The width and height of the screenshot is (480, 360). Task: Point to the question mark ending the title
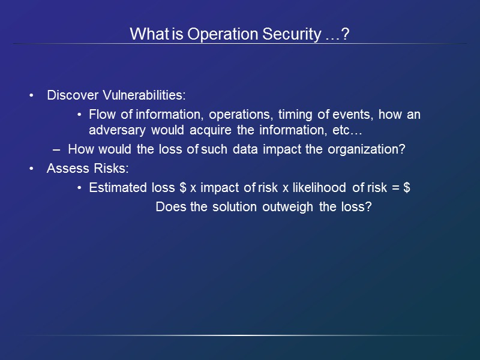pyautogui.click(x=346, y=35)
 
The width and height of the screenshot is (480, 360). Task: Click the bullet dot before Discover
pyautogui.click(x=31, y=96)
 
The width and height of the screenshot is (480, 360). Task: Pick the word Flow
pyautogui.click(x=100, y=115)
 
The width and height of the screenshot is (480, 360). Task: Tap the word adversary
pyautogui.click(x=113, y=130)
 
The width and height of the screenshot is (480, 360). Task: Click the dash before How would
pyautogui.click(x=56, y=150)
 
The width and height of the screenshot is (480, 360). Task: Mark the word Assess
pyautogui.click(x=63, y=169)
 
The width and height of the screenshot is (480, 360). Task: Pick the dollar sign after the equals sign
pyautogui.click(x=407, y=188)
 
